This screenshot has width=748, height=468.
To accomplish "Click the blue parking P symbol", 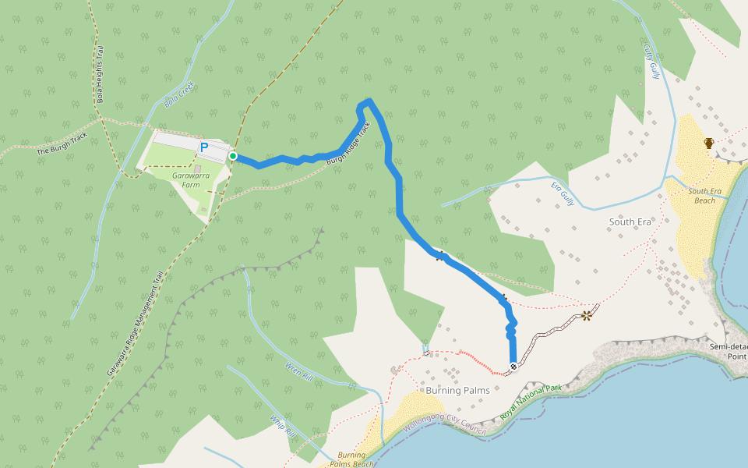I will click(204, 147).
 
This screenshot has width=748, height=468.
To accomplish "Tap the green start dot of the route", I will click(232, 156).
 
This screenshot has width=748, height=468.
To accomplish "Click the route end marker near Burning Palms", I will click(513, 367).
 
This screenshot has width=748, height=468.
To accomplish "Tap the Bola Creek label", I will click(178, 95).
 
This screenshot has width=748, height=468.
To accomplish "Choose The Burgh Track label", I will click(62, 144).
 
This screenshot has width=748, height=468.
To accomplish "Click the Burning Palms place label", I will click(457, 389).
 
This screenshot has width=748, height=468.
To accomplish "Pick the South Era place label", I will click(630, 222).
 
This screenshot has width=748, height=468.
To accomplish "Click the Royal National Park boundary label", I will click(531, 402).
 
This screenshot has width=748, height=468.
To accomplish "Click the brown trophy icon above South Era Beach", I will click(709, 143).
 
